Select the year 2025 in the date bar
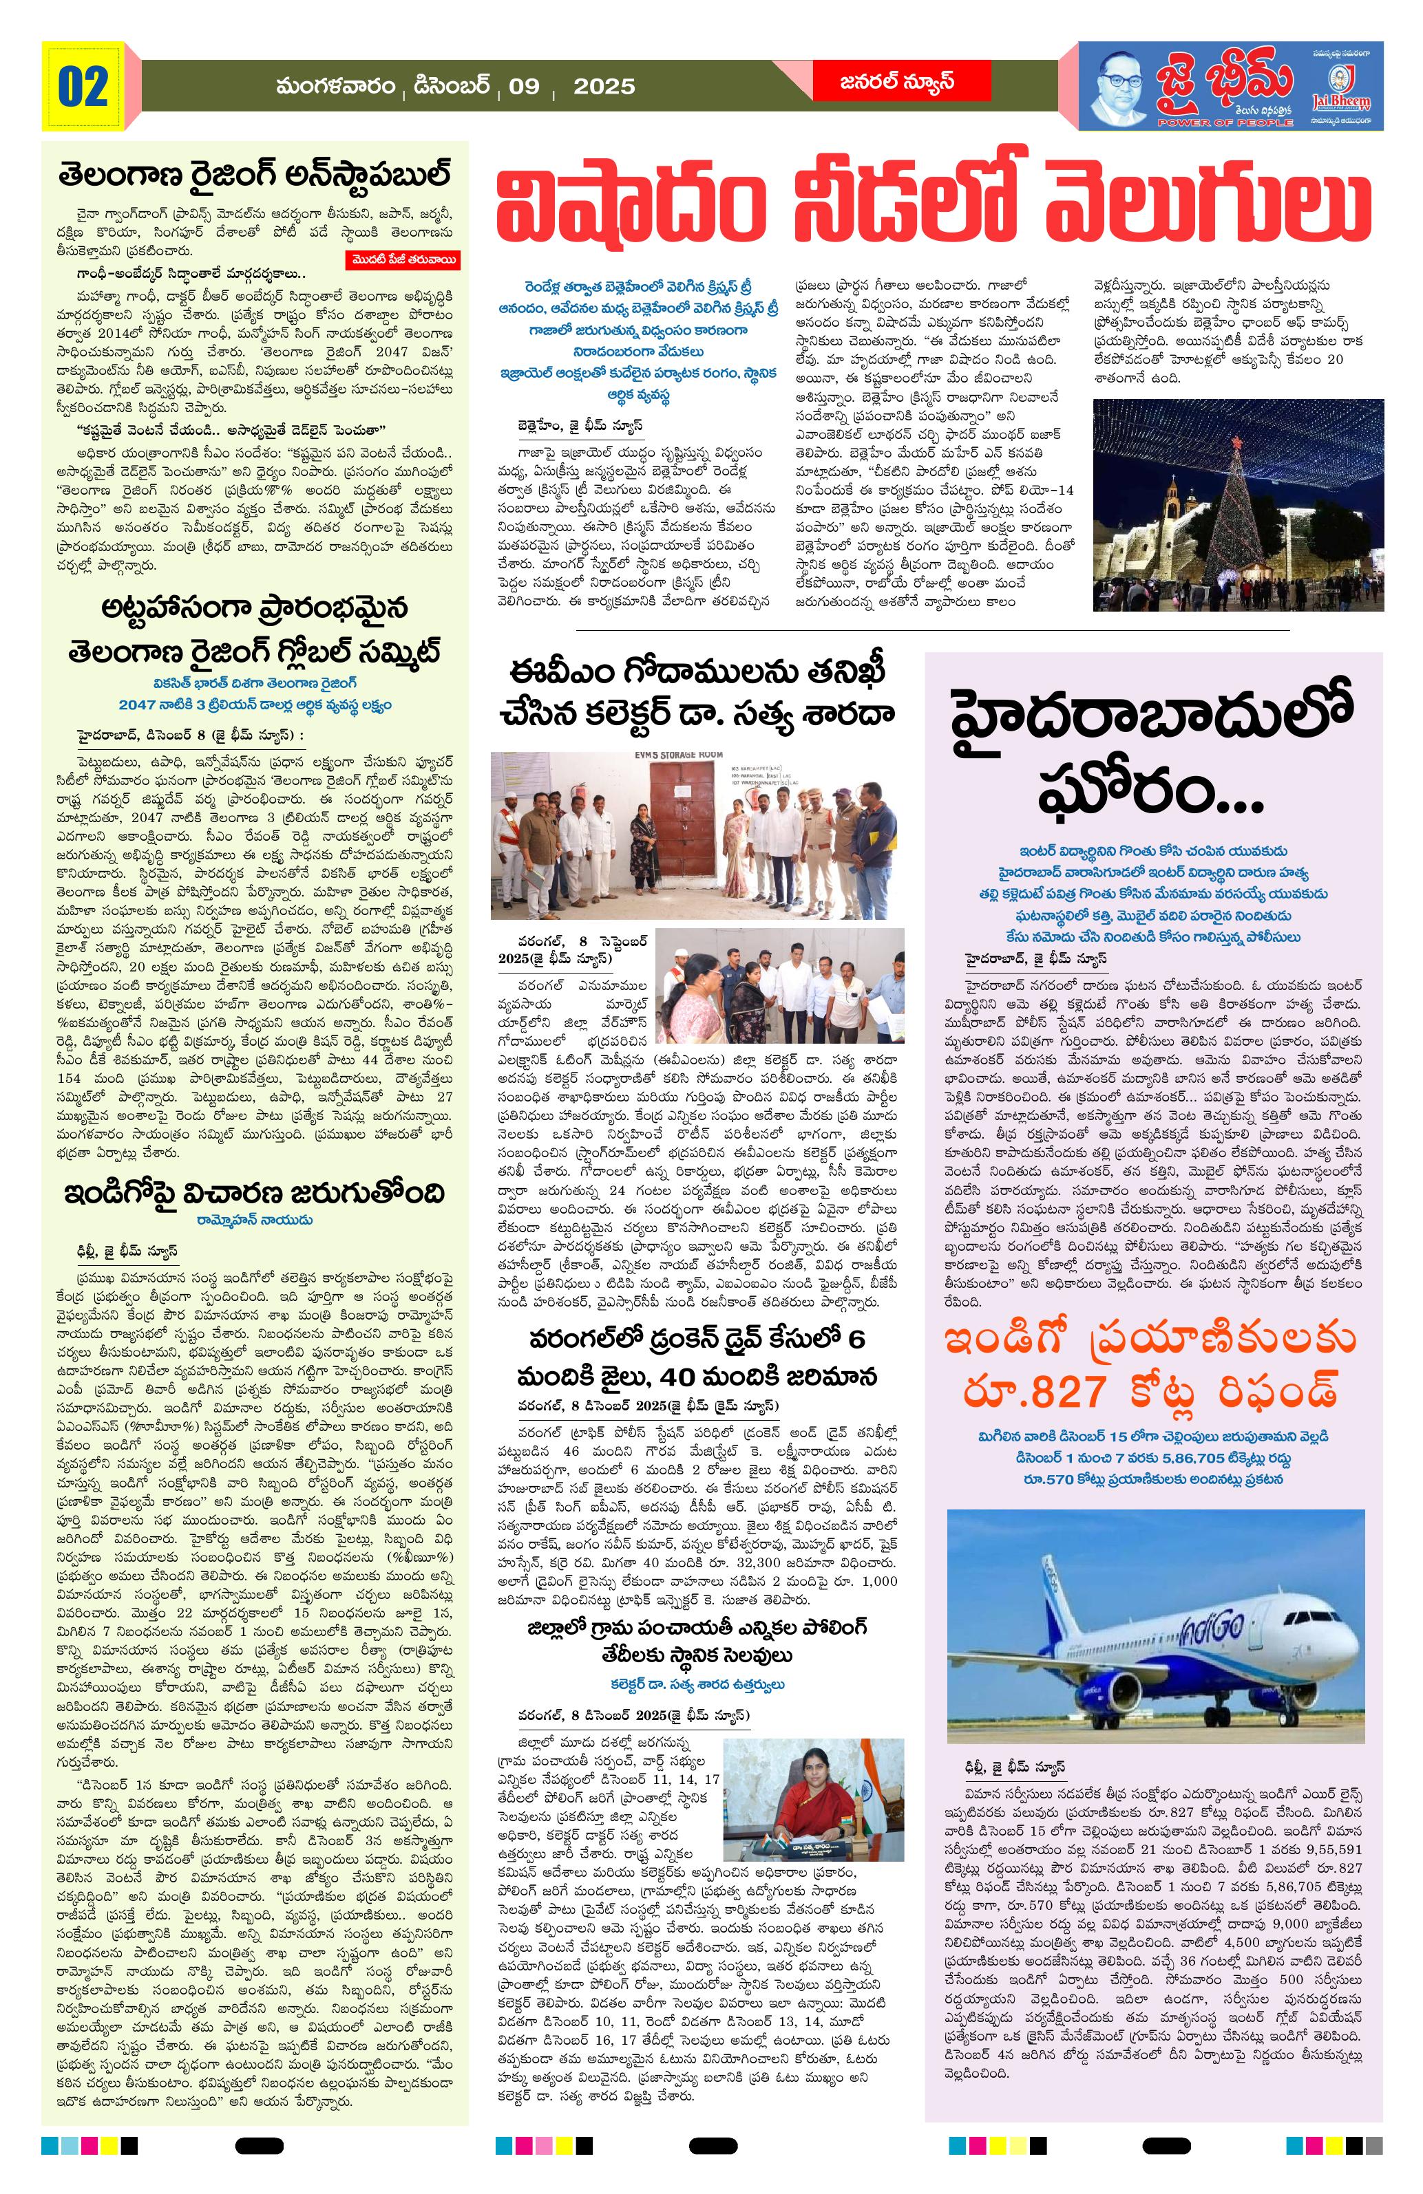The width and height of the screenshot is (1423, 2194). [603, 87]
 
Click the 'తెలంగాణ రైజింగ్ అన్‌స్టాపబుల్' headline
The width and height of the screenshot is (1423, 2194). [255, 176]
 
